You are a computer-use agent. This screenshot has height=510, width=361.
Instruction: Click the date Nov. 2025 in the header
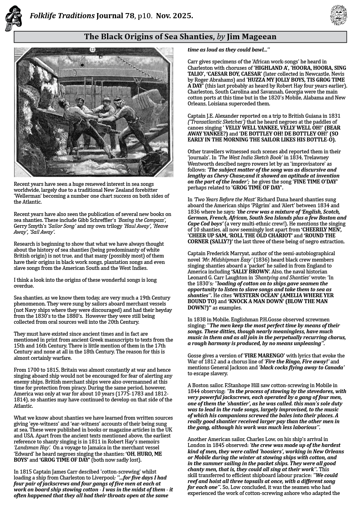[175, 16]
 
